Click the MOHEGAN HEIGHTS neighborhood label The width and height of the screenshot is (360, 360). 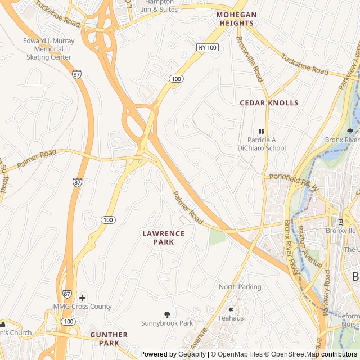pos(237,19)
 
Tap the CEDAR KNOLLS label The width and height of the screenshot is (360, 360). pos(269,103)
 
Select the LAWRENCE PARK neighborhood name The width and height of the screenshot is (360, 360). pos(163,237)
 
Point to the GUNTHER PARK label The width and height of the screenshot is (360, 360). pos(109,339)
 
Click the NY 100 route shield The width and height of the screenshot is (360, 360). pos(207,48)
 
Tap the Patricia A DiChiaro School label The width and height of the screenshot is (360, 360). pos(266,144)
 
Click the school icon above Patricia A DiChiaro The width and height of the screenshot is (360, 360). pos(261,132)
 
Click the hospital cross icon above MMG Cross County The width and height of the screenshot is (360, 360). pos(83,297)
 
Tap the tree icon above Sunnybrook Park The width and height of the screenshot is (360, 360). pos(167,314)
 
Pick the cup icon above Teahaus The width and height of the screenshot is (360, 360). pos(231,309)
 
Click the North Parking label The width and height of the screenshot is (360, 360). pos(240,287)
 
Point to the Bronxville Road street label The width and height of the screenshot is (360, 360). pos(250,58)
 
